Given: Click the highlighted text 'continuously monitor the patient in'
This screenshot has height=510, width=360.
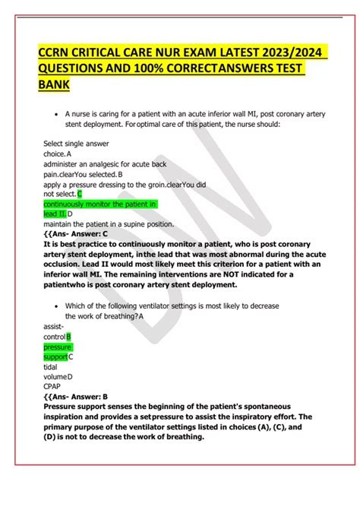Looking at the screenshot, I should click(x=99, y=204).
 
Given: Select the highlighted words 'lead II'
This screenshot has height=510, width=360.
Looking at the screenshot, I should click(x=55, y=214).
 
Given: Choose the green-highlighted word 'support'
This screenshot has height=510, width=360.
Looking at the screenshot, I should click(x=55, y=356).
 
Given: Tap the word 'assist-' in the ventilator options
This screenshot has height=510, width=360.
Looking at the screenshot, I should click(x=55, y=325).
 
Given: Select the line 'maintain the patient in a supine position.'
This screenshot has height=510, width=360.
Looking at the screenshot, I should click(x=109, y=224).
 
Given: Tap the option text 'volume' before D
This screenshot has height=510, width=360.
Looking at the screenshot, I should click(x=55, y=376).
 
